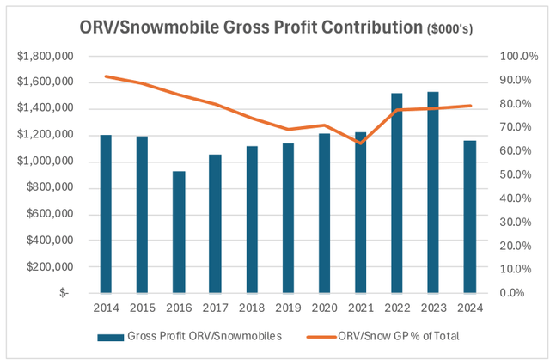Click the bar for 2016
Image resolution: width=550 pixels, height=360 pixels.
pos(179,232)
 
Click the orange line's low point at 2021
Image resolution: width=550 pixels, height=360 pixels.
pos(361,142)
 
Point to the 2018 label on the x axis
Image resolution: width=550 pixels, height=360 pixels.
pos(252,307)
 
